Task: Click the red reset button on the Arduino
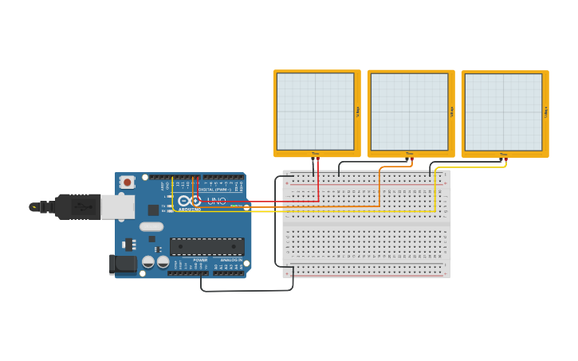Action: pyautogui.click(x=127, y=182)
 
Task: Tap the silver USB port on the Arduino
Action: pyautogui.click(x=117, y=207)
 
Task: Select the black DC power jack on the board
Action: pyautogui.click(x=122, y=263)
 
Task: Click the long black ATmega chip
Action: pyautogui.click(x=206, y=246)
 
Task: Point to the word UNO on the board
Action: pyautogui.click(x=217, y=201)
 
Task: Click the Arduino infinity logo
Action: pyautogui.click(x=190, y=201)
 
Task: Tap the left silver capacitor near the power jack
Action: pyautogui.click(x=148, y=261)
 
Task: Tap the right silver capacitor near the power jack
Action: pyautogui.click(x=163, y=261)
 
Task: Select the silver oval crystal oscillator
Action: pyautogui.click(x=151, y=226)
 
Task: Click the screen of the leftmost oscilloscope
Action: pyautogui.click(x=315, y=112)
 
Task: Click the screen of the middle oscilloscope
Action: pyautogui.click(x=409, y=112)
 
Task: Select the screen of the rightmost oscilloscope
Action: pyautogui.click(x=503, y=112)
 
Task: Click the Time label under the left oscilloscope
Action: pyautogui.click(x=315, y=153)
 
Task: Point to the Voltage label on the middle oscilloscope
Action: pyautogui.click(x=452, y=112)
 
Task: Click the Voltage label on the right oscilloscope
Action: pyautogui.click(x=546, y=112)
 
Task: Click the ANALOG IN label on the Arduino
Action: pyautogui.click(x=231, y=260)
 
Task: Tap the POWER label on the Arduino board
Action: pyautogui.click(x=200, y=260)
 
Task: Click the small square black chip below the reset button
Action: pyautogui.click(x=152, y=210)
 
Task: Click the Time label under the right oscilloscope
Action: pyautogui.click(x=503, y=154)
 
